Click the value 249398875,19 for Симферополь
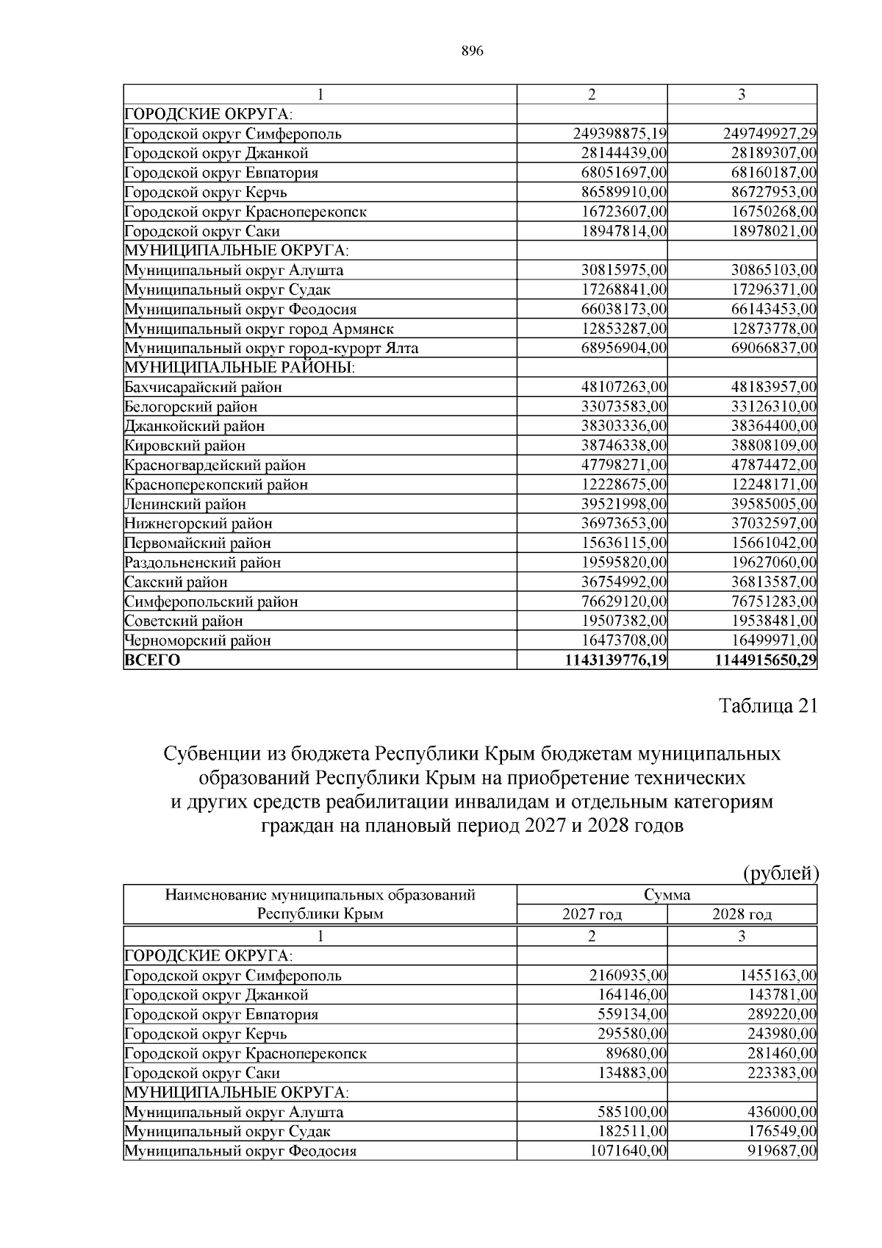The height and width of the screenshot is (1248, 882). click(619, 134)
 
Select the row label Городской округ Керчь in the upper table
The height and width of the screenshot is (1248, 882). click(206, 193)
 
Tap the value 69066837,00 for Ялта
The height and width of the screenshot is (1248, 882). click(773, 348)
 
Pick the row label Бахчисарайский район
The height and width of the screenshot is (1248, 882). click(204, 387)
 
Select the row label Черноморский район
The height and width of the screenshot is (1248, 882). click(198, 641)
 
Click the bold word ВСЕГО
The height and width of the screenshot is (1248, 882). click(152, 660)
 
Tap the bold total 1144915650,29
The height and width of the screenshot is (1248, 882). click(765, 660)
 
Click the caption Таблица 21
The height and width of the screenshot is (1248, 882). click(767, 706)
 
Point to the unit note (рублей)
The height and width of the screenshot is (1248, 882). click(781, 873)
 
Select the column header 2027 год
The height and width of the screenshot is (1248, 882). click(592, 915)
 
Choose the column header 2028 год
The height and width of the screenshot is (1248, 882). click(742, 915)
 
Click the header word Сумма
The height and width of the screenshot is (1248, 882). click(667, 895)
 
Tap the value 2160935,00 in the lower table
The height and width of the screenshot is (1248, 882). click(628, 976)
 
